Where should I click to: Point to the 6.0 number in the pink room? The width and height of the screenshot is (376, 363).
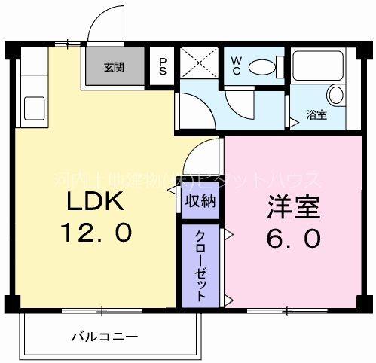pyautogui.click(x=293, y=238)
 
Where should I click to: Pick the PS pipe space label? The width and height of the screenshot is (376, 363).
pyautogui.click(x=162, y=66)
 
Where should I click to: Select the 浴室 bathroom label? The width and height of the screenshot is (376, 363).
pyautogui.click(x=316, y=115)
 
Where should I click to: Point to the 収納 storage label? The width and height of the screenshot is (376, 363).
pyautogui.click(x=201, y=200)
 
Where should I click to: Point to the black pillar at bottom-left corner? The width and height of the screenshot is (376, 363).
pyautogui.click(x=11, y=304)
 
